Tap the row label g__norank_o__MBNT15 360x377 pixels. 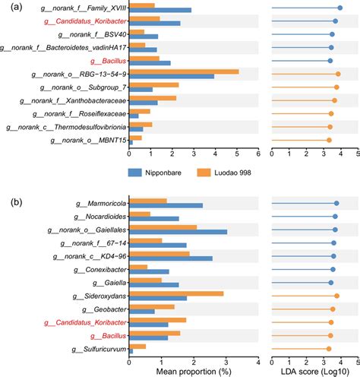click(x=87, y=141)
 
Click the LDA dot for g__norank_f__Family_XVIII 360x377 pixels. click(x=339, y=8)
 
